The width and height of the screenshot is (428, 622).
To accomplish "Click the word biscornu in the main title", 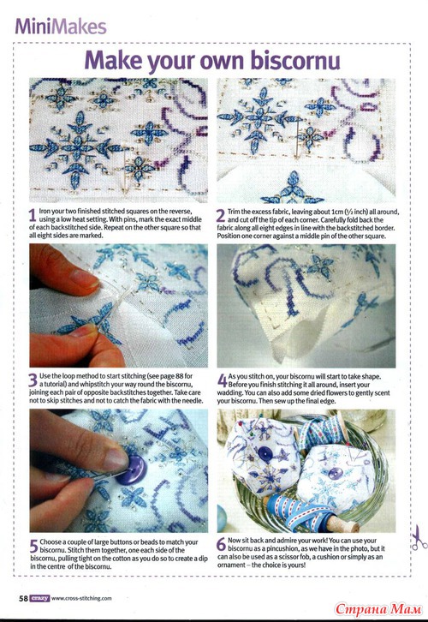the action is (x=295, y=60).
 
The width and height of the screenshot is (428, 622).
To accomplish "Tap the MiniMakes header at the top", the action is (x=61, y=27).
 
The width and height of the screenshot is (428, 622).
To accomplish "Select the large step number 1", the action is (x=33, y=215).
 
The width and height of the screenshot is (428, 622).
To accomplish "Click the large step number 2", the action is (x=221, y=215).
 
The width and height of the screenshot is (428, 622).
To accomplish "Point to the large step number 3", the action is (x=33, y=380).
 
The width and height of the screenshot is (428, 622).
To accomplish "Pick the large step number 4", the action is (x=222, y=380).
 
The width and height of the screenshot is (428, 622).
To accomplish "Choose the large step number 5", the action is (x=34, y=546).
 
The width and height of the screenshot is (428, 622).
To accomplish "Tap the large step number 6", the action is (x=221, y=544).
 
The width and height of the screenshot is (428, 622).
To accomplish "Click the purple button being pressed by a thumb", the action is (x=131, y=469).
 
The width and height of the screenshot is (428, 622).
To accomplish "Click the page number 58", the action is (x=23, y=598).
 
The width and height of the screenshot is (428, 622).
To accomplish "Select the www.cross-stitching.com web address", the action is (x=81, y=598).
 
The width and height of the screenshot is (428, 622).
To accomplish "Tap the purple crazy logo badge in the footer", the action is (x=39, y=598).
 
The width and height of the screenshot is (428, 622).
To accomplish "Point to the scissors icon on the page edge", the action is (x=419, y=537).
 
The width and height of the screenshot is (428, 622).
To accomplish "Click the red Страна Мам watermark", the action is (x=377, y=608).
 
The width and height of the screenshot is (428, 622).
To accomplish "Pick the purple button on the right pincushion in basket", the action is (x=336, y=473).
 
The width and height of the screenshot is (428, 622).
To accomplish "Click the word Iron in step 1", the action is (x=45, y=212).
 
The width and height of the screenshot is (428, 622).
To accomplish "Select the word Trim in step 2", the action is (x=234, y=212).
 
